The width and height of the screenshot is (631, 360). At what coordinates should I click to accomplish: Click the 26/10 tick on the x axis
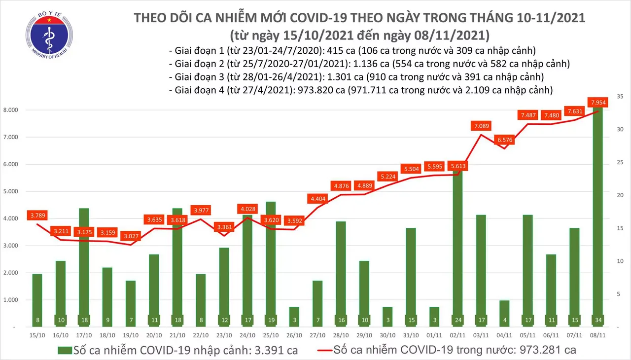(x=294, y=335)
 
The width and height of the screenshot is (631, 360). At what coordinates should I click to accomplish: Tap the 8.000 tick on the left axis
(x=12, y=110)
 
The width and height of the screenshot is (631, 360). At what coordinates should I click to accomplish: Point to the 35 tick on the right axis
(x=620, y=96)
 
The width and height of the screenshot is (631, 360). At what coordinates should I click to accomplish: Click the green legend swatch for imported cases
(x=64, y=351)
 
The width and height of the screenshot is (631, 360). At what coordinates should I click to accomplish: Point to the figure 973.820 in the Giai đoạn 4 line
(x=317, y=90)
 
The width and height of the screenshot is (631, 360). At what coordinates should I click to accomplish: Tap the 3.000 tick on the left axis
(x=12, y=246)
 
